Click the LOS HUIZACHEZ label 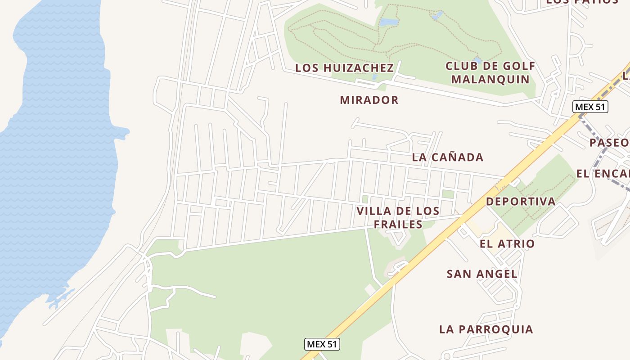(344, 68)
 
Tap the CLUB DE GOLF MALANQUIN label (490, 72)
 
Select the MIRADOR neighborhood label (369, 100)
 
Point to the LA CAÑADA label (447, 157)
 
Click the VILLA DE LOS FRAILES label (398, 217)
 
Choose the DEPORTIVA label (521, 201)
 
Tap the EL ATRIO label (507, 244)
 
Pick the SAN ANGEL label (482, 274)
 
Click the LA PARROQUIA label (486, 329)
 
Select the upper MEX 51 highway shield (590, 107)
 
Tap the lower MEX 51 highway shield (322, 344)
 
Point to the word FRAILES (398, 224)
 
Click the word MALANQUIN (490, 79)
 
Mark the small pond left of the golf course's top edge (389, 22)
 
